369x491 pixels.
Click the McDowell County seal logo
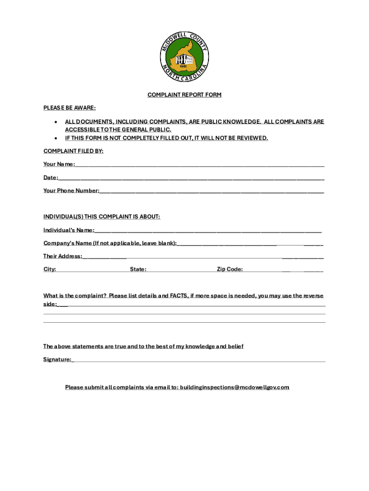pyautogui.click(x=184, y=58)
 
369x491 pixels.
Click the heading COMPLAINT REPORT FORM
pyautogui.click(x=184, y=95)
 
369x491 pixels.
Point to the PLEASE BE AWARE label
pyautogui.click(x=69, y=108)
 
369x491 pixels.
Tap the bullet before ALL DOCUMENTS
pyautogui.click(x=57, y=122)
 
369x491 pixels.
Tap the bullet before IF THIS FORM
pyautogui.click(x=57, y=138)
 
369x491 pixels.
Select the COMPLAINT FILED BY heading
pyautogui.click(x=73, y=151)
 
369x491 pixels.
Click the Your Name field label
pyautogui.click(x=59, y=164)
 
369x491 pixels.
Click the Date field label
pyautogui.click(x=51, y=177)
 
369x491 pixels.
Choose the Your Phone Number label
pyautogui.click(x=71, y=191)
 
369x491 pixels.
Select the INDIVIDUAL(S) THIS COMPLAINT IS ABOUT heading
pyautogui.click(x=102, y=217)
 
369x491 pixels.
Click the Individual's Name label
pyautogui.click(x=69, y=230)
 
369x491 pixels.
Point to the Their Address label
pyautogui.click(x=63, y=256)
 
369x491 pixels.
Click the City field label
pyautogui.click(x=49, y=269)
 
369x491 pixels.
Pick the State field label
pyautogui.click(x=138, y=269)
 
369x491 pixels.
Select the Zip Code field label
pyautogui.click(x=230, y=269)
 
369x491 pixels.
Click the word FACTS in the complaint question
pyautogui.click(x=179, y=296)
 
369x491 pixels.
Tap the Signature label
pyautogui.click(x=58, y=359)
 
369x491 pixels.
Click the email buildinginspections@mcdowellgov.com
pyautogui.click(x=234, y=387)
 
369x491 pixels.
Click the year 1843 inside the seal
pyautogui.click(x=183, y=66)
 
